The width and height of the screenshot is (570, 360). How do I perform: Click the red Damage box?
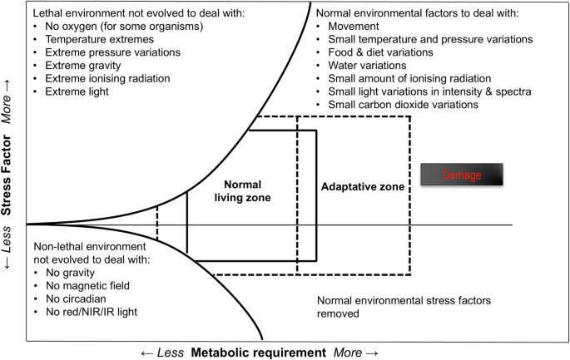pyautogui.click(x=462, y=175)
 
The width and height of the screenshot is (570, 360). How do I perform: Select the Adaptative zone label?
pyautogui.click(x=362, y=187)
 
